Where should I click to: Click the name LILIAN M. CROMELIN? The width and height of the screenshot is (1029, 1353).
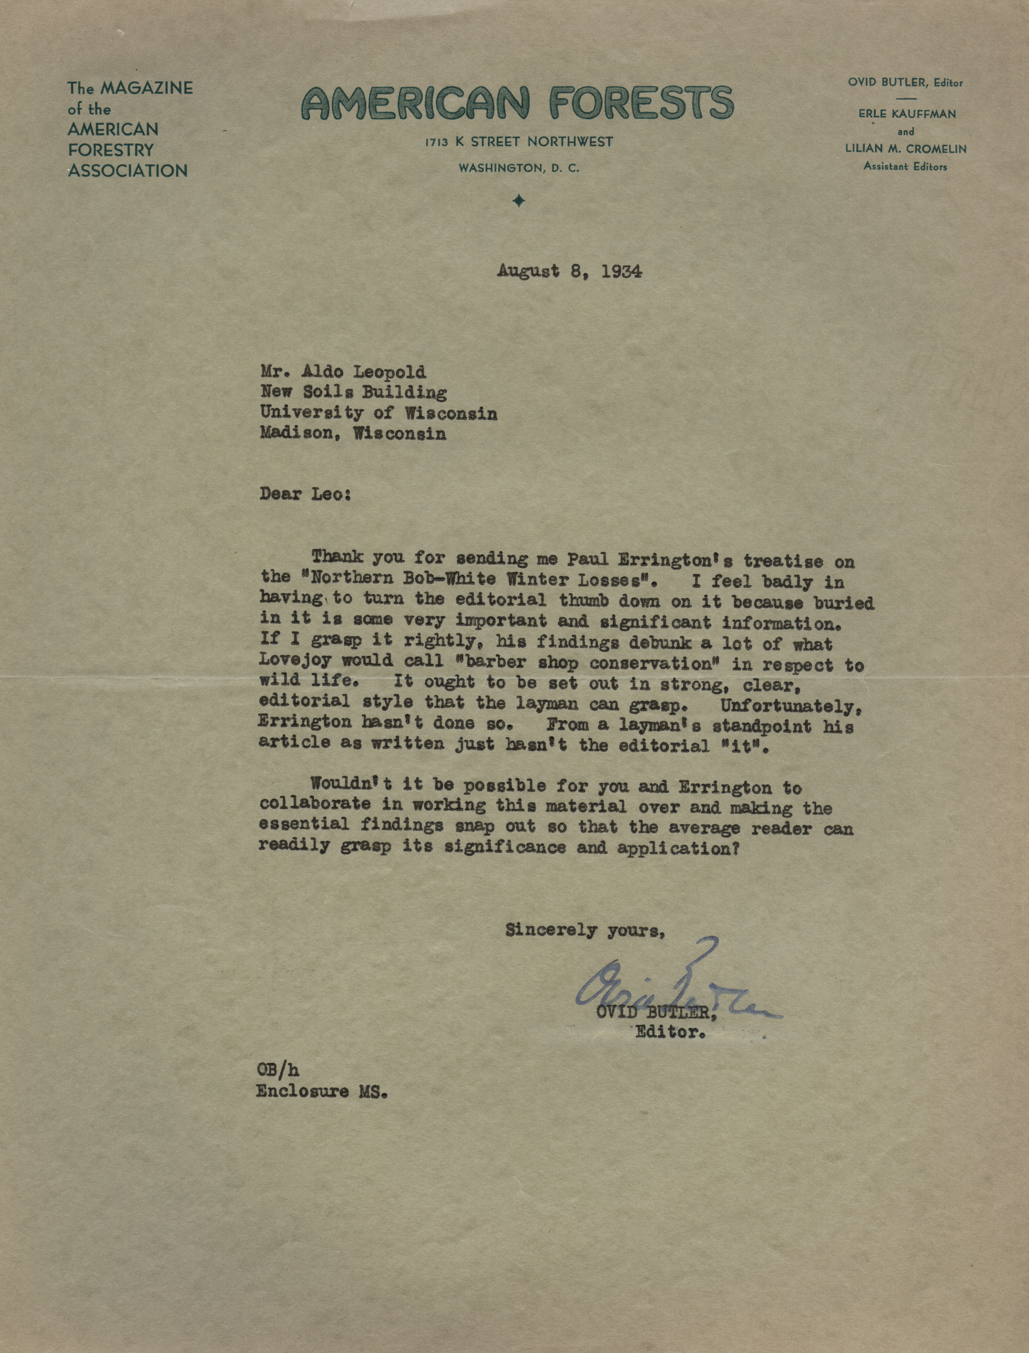tap(905, 149)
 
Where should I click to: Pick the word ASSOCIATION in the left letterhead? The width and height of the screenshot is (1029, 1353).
tap(127, 171)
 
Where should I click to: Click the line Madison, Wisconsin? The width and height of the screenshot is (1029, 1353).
tap(353, 434)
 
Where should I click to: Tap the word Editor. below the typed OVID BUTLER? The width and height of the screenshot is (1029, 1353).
tap(671, 1032)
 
